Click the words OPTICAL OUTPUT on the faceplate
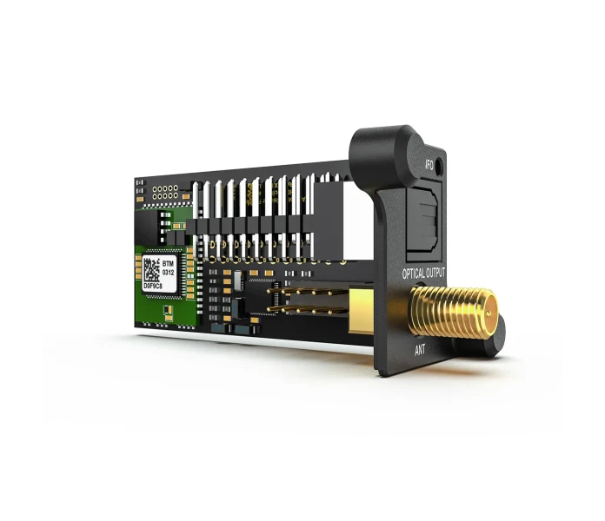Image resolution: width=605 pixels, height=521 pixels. pos(425,274)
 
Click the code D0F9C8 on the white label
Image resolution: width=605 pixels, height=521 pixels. pos(156,284)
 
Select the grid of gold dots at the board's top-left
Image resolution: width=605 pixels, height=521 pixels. pos(163,191)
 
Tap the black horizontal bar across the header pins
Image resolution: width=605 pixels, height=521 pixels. pos(252,227)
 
